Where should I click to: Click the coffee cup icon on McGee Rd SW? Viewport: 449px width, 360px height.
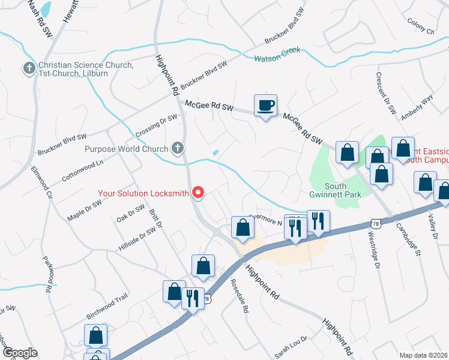tap(265, 106)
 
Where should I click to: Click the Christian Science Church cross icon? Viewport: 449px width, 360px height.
tap(28, 68)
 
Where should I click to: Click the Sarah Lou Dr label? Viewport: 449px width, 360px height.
tap(291, 346)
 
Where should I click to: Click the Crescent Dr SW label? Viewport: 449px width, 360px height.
tap(387, 93)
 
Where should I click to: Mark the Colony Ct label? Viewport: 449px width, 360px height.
tap(420, 27)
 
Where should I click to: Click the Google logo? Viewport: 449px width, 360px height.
tap(20, 353)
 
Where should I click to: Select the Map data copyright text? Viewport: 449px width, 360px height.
tap(423, 355)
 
